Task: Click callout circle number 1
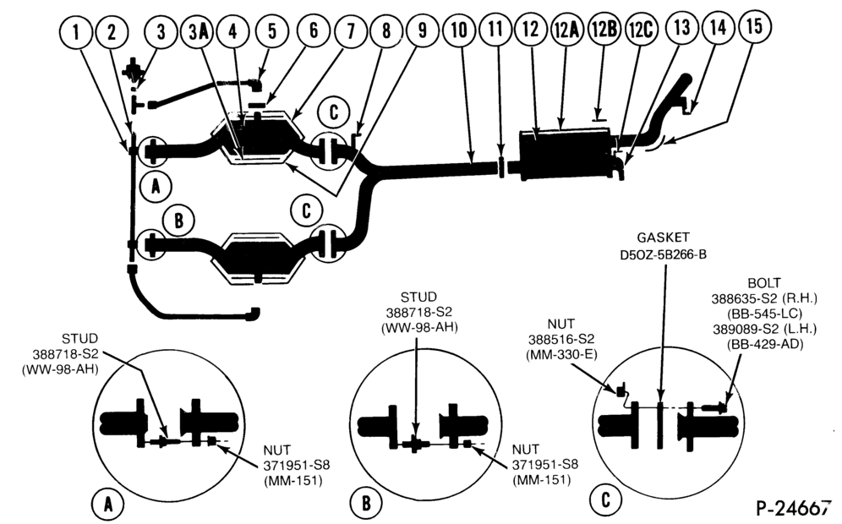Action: [x=76, y=31]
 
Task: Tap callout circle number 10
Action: [x=459, y=30]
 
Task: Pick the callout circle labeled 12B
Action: [x=604, y=29]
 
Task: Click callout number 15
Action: [x=754, y=25]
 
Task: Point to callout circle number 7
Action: [x=351, y=31]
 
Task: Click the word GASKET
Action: [x=663, y=237]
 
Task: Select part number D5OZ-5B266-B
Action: [x=663, y=254]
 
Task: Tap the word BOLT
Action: [x=764, y=283]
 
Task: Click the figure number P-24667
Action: [x=793, y=508]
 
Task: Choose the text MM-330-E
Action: [x=561, y=354]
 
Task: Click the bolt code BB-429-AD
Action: [x=765, y=344]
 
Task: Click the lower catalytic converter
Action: [x=260, y=257]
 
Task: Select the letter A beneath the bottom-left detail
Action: [x=108, y=504]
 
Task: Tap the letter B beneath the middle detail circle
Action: [x=366, y=504]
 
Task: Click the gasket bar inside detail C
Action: [x=660, y=425]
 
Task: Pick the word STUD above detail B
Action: [x=418, y=297]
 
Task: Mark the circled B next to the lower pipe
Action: [x=178, y=220]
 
